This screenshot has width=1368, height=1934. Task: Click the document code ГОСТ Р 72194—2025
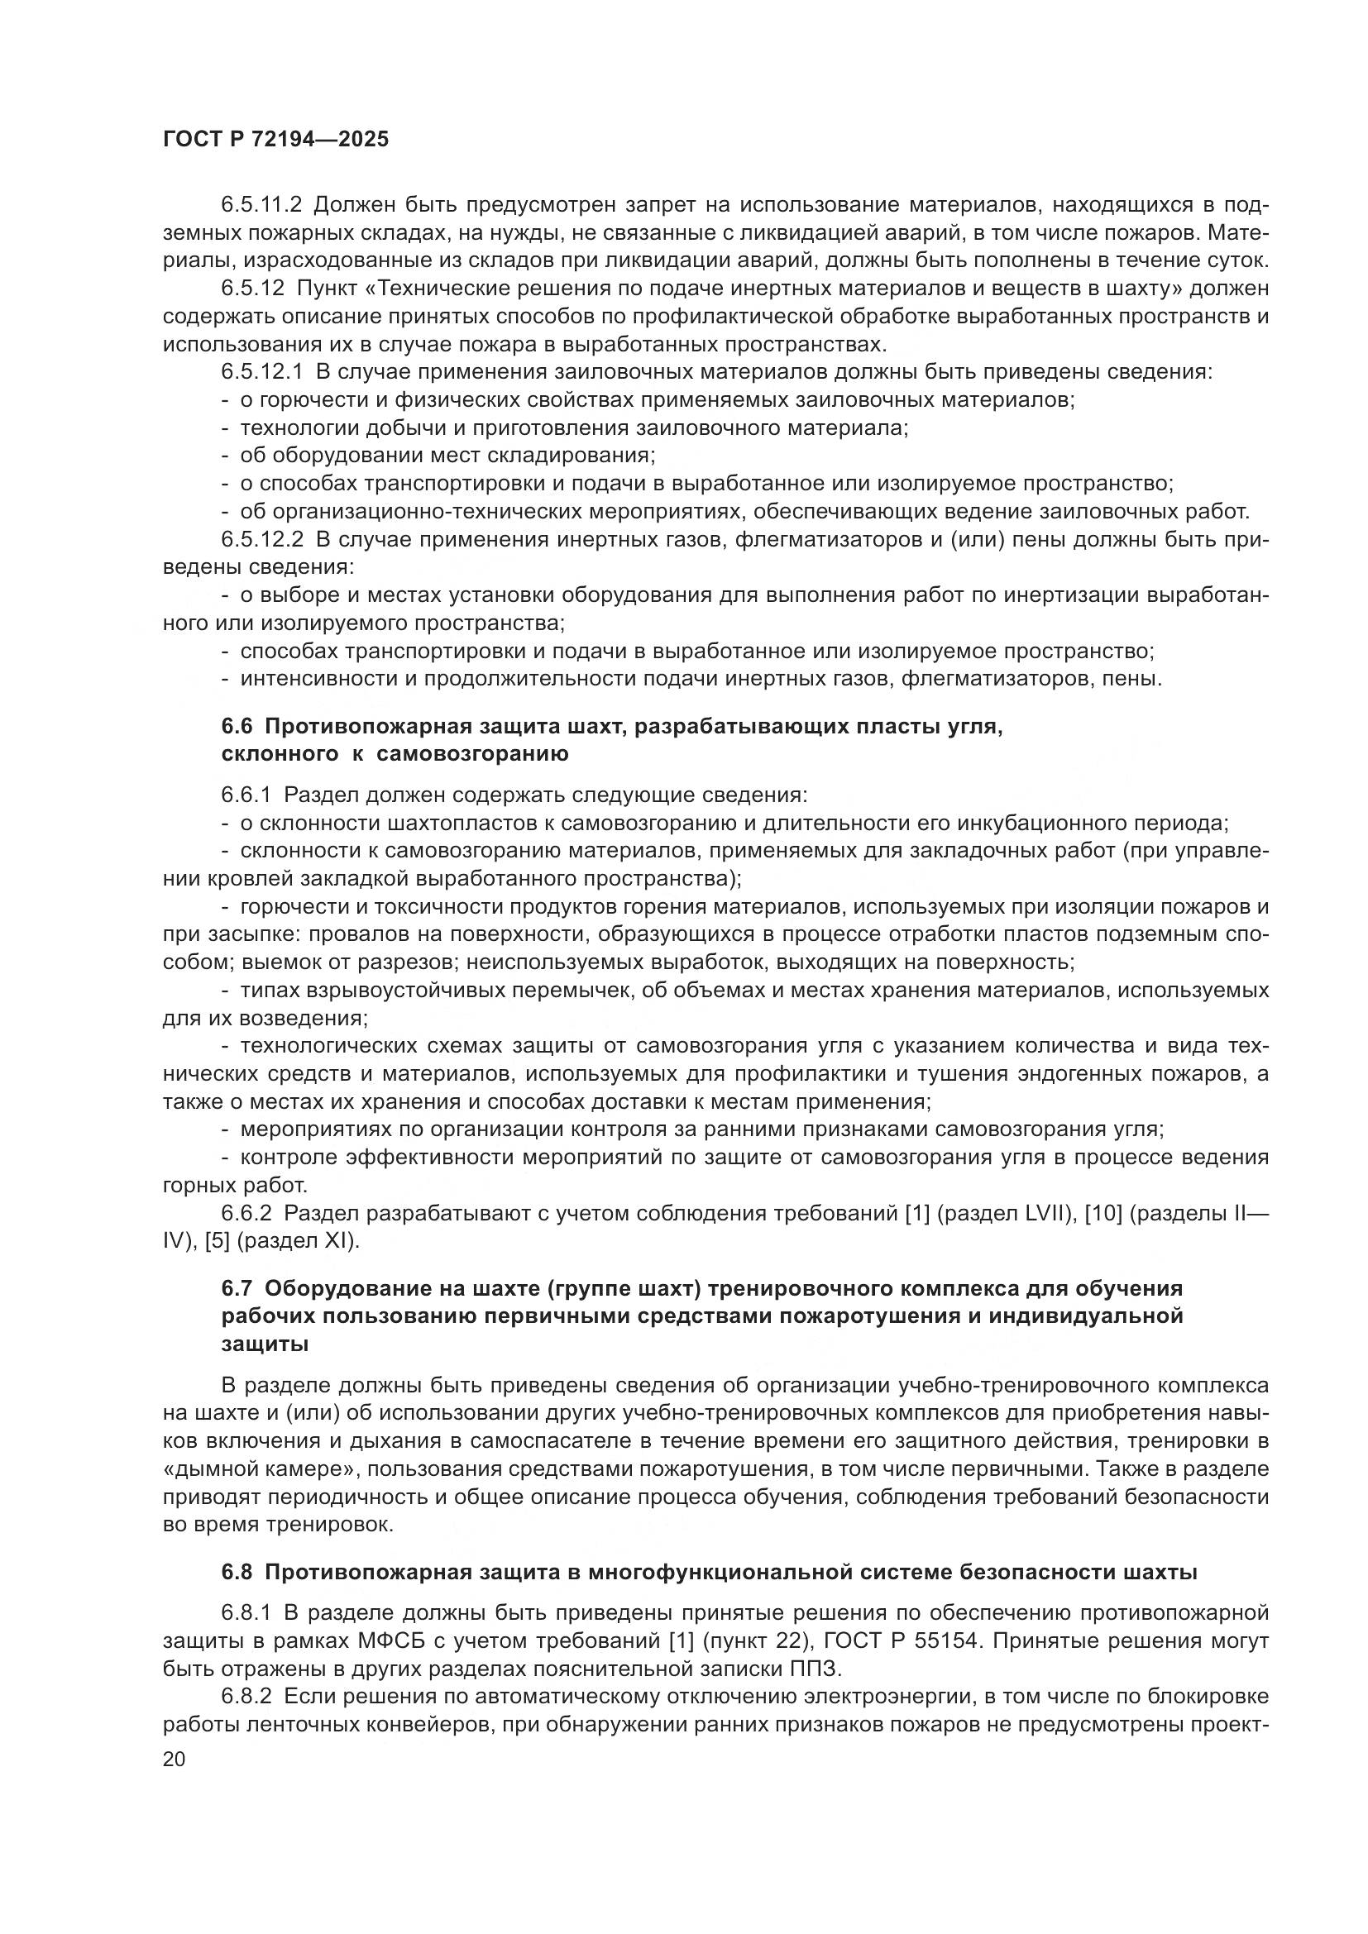(275, 140)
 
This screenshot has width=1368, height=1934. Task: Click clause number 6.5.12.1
(262, 372)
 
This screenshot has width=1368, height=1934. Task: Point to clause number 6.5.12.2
(262, 539)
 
